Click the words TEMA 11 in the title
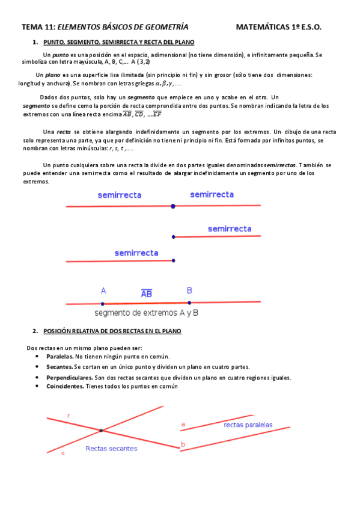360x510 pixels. [38, 27]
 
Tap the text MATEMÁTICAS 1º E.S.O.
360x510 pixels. [279, 27]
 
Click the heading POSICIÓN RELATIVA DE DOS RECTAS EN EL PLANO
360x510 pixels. [112, 331]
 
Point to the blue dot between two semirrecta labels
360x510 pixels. [173, 206]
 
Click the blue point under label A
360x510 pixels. [103, 304]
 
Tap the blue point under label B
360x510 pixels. [189, 303]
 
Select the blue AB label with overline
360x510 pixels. [146, 294]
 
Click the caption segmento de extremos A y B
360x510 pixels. [147, 313]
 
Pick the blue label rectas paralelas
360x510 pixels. [248, 425]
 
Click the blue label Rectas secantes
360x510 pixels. [111, 448]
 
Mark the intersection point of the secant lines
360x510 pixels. [101, 430]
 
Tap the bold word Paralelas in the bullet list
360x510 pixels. [60, 357]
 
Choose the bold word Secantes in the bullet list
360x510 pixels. [59, 367]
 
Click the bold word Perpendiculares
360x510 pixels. [69, 378]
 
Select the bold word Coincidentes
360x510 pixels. [65, 386]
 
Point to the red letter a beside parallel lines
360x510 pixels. [183, 425]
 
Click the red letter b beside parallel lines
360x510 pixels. [183, 445]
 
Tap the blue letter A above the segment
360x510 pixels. [103, 290]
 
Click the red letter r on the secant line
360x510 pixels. [69, 416]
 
